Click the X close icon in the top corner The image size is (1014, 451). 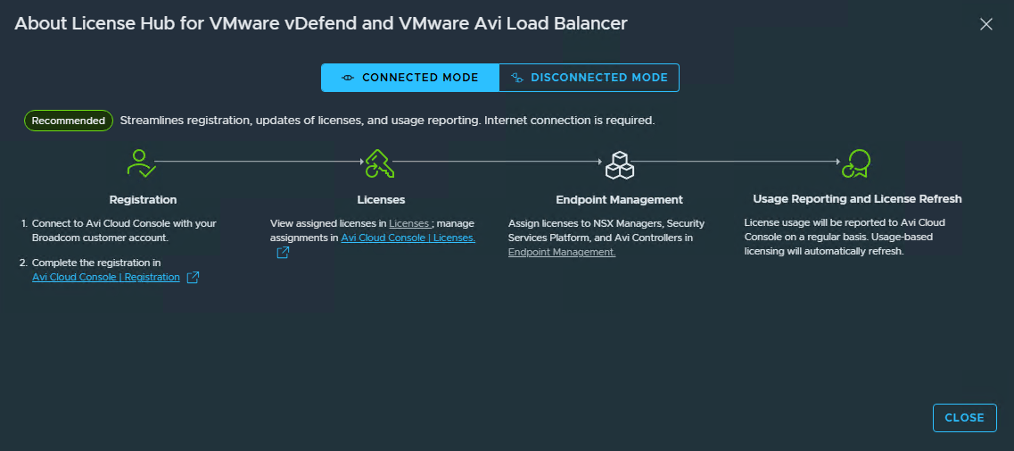(985, 25)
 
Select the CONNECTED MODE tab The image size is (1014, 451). (410, 78)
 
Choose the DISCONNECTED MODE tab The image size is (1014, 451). (589, 78)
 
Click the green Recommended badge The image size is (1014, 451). (69, 121)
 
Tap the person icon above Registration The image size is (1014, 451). (141, 163)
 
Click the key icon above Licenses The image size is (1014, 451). (380, 163)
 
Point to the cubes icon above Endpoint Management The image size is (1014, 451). (619, 164)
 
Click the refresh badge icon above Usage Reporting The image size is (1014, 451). (856, 163)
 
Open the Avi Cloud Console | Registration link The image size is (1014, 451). (106, 278)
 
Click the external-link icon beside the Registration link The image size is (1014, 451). (193, 278)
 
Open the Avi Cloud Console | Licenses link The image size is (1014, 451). (408, 238)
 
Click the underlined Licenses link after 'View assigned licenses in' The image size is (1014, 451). (410, 223)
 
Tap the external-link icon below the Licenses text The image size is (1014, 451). (283, 253)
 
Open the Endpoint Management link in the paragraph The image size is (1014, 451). (562, 253)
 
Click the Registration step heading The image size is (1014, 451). (143, 199)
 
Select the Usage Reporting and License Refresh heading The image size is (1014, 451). (858, 199)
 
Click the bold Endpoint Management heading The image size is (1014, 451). (620, 199)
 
